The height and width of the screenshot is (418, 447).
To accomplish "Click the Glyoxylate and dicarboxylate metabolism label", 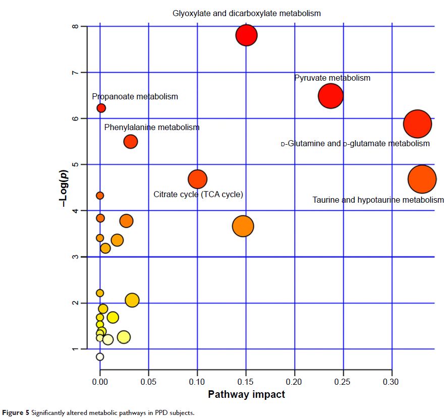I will (246, 13).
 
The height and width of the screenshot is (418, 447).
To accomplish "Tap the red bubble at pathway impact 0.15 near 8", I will (246, 35).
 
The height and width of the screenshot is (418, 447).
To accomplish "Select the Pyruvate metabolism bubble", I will (330, 96).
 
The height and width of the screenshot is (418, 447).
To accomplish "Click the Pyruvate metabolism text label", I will (332, 78).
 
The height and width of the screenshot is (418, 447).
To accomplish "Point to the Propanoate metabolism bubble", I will (101, 108).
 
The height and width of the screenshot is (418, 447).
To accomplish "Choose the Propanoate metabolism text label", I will (135, 96).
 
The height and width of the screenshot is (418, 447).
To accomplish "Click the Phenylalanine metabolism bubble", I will (131, 142).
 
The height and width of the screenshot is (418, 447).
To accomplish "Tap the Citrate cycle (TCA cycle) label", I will (198, 194).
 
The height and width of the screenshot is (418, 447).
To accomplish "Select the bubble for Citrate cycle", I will (197, 178).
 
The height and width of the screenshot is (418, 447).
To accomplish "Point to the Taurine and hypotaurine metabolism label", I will (378, 200).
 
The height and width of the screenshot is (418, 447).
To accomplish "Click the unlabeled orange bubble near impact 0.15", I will (243, 226).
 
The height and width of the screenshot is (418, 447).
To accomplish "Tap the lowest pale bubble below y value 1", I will (100, 357).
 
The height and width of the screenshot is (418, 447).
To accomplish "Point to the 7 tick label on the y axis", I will (75, 73).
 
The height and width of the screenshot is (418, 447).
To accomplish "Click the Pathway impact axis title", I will (246, 394).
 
